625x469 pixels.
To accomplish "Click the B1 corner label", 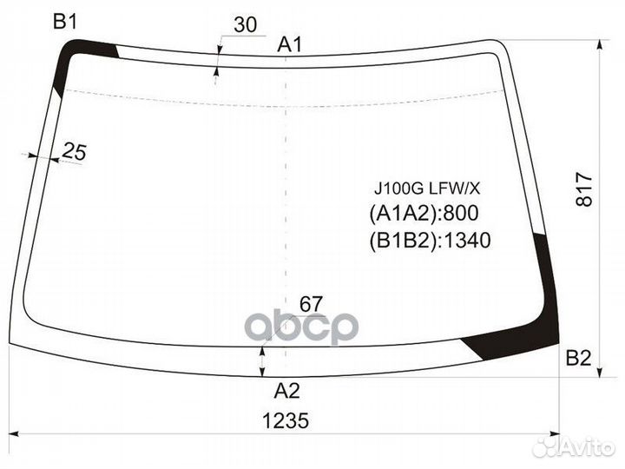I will pos(66,22).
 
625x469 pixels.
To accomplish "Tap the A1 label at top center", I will pos(290,44).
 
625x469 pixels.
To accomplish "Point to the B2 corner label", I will pos(578,357).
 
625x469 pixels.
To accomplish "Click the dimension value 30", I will pos(246,25).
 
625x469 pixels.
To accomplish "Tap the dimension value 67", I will pos(311,304).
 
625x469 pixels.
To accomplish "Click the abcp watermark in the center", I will pos(301,327).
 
